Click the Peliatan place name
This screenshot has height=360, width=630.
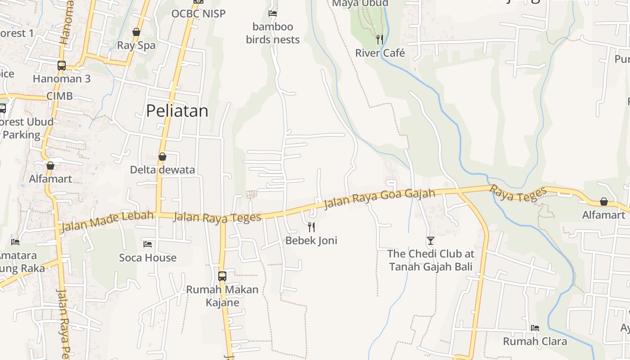tap(177, 111)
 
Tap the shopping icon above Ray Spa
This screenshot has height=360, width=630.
tap(136, 32)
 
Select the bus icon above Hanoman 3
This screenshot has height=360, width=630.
tap(62, 66)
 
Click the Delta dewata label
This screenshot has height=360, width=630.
tap(162, 170)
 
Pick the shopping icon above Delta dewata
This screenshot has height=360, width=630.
tap(162, 157)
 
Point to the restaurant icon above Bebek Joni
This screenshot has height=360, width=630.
tap(311, 227)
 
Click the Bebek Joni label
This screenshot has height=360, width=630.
tap(311, 240)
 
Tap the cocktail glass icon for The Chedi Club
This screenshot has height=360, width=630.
tap(431, 241)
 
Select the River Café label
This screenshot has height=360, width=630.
tap(380, 53)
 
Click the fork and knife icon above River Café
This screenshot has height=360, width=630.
tap(380, 40)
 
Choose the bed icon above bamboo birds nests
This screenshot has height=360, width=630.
tap(273, 13)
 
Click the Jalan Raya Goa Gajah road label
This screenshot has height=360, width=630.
tap(380, 199)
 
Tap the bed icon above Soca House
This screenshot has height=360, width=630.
tap(148, 244)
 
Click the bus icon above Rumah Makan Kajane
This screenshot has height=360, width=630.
tap(222, 276)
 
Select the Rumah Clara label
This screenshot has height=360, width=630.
tap(535, 341)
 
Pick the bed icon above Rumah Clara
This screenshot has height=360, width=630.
tap(535, 328)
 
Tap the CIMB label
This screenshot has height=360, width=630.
tap(59, 96)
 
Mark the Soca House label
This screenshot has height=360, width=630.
tap(148, 258)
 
